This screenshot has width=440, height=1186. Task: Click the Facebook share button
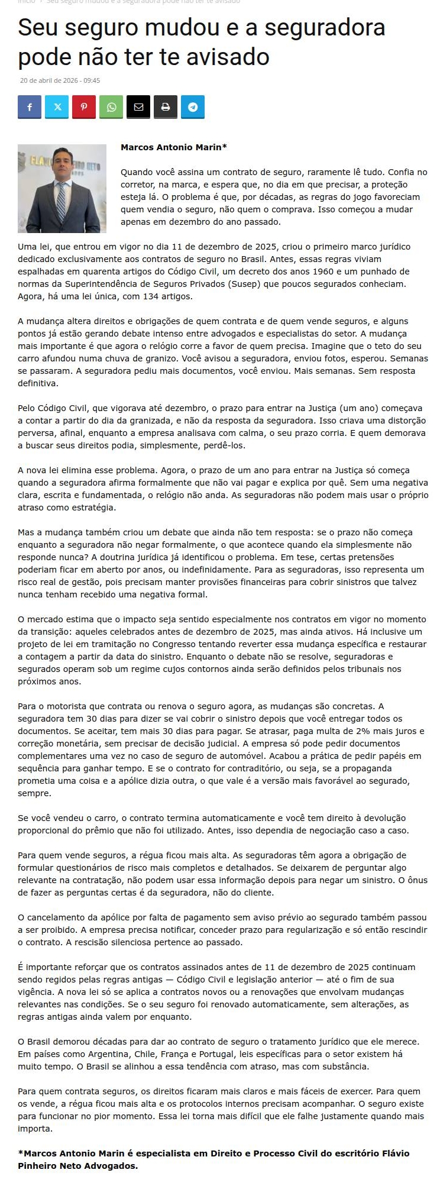pyautogui.click(x=30, y=107)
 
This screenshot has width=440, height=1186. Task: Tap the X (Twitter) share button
pyautogui.click(x=57, y=107)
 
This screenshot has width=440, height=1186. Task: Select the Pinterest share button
pyautogui.click(x=84, y=107)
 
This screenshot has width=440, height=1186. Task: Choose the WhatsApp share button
pyautogui.click(x=111, y=107)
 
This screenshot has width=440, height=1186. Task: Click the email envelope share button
pyautogui.click(x=138, y=107)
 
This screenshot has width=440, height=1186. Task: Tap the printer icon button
pyautogui.click(x=166, y=107)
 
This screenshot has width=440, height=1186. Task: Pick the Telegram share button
pyautogui.click(x=193, y=107)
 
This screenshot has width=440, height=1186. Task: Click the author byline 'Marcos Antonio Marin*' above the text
pyautogui.click(x=174, y=147)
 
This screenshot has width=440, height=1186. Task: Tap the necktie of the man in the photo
pyautogui.click(x=61, y=202)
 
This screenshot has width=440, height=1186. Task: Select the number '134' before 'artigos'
pyautogui.click(x=150, y=296)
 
